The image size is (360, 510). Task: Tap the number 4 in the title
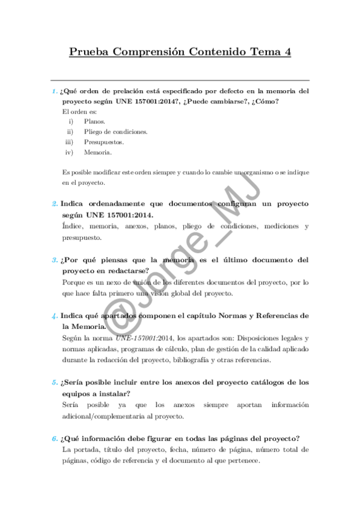click(287, 52)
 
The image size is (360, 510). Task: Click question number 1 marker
click(53, 91)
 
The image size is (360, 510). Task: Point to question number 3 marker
click(53, 260)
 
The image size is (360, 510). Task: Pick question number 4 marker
click(53, 316)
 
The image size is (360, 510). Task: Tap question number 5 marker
click(53, 382)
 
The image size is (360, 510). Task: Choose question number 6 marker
click(53, 438)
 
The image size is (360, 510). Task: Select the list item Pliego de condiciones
click(115, 132)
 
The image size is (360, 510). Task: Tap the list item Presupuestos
click(104, 142)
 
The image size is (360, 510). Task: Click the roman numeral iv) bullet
click(69, 152)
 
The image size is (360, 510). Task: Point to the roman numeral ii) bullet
click(70, 132)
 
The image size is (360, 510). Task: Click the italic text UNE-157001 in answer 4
click(136, 338)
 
